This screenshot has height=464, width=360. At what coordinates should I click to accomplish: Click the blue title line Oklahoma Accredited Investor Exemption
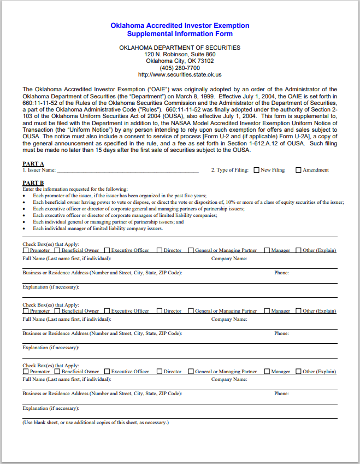[x=180, y=26]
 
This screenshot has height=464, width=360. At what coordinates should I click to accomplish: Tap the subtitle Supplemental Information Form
[x=180, y=34]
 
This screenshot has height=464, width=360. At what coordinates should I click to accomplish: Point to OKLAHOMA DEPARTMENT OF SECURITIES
[x=180, y=48]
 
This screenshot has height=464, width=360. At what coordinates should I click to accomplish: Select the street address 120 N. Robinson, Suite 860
[x=180, y=55]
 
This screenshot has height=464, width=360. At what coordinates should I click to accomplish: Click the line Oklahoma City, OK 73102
[x=180, y=61]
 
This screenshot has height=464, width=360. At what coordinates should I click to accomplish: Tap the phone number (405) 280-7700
[x=180, y=68]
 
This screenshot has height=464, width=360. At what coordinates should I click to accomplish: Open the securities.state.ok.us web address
[x=180, y=74]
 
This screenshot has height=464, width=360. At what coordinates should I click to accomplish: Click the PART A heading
[x=33, y=164]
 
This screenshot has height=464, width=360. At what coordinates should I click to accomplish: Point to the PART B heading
[x=33, y=183]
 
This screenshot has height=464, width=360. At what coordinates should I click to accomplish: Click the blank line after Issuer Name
[x=128, y=171]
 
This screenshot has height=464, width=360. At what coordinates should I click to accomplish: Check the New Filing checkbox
[x=256, y=170]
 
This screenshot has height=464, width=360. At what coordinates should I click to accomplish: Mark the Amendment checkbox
[x=298, y=170]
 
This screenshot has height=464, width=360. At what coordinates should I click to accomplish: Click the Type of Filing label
[x=230, y=170]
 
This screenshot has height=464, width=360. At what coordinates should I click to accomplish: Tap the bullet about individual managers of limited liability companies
[x=98, y=229]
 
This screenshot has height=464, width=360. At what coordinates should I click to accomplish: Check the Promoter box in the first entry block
[x=26, y=250]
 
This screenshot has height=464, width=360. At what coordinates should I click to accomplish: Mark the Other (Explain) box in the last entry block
[x=299, y=372]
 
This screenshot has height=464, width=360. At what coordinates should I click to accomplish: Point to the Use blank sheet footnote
[x=96, y=422]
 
